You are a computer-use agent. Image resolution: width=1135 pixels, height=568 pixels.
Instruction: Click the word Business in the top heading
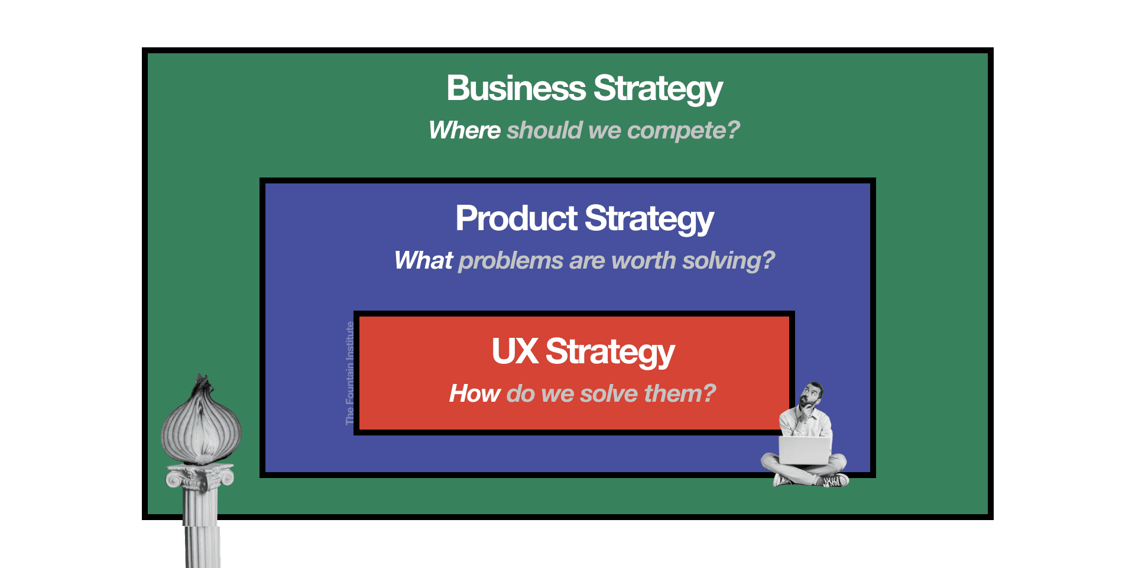(515, 89)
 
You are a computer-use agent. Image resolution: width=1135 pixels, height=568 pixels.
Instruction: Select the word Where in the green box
(465, 130)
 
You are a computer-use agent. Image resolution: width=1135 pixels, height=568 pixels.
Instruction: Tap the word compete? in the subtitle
(683, 130)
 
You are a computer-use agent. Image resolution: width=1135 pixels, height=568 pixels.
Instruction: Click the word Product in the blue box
(516, 218)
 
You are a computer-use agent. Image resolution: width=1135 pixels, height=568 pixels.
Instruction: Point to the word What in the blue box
(423, 260)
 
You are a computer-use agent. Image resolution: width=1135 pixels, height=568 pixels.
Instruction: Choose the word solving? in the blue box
(728, 260)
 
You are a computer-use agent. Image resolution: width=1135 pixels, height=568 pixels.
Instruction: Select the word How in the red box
(474, 393)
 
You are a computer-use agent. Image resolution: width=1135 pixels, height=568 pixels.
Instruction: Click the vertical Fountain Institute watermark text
(350, 373)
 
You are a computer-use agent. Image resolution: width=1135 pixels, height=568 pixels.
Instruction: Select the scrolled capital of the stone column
(200, 476)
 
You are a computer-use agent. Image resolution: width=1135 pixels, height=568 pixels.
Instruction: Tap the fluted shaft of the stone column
(202, 527)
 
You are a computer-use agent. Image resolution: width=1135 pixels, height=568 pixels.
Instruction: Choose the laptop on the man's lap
(805, 450)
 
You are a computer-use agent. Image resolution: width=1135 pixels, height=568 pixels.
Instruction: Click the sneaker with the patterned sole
(835, 481)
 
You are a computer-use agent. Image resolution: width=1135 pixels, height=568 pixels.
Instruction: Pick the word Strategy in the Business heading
(658, 89)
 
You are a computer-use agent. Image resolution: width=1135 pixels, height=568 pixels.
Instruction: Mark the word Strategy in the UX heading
(610, 352)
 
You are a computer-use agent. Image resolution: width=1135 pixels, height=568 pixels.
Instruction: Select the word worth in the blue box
(644, 260)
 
